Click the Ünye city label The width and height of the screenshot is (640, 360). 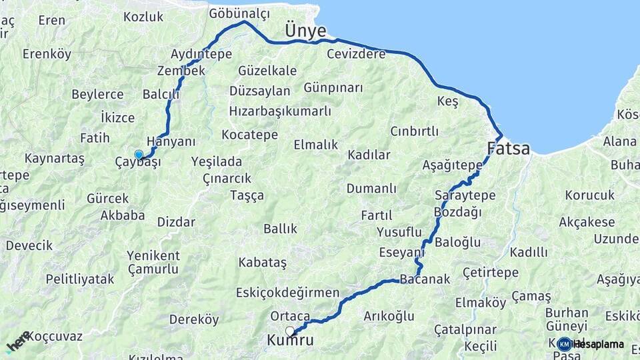[305, 31]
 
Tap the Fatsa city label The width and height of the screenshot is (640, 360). [509, 148]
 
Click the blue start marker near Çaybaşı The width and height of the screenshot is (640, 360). [139, 155]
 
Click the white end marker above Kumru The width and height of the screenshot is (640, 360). [290, 331]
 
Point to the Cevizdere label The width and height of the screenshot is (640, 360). [356, 54]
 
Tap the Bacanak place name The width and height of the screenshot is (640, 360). [425, 279]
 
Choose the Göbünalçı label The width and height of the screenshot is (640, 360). [239, 13]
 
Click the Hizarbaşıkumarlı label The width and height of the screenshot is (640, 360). [280, 110]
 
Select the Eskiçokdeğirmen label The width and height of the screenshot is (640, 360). [288, 293]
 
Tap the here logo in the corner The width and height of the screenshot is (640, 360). [18, 341]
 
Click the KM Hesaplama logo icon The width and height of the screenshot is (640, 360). [565, 344]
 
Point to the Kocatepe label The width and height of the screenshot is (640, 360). [250, 135]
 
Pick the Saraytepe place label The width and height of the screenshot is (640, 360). [465, 195]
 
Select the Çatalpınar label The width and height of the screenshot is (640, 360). [465, 329]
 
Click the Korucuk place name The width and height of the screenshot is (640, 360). [589, 195]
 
